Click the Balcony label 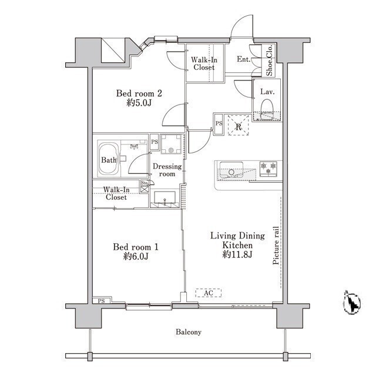coord(188,332)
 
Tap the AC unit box coord(208,293)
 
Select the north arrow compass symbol coord(352,303)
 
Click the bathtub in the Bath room coord(108,159)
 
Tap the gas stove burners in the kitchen coord(268,169)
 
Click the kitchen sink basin coord(231,169)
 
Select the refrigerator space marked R coord(238,125)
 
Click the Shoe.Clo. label coord(269,60)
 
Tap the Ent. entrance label coord(243,59)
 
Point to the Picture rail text coord(276,245)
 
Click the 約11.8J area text coord(237,254)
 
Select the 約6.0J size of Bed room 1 coord(136,256)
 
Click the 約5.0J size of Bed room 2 coord(139,103)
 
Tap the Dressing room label coord(167,170)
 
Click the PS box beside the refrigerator coord(219,124)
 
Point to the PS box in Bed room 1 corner coord(102,301)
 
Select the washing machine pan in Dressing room coord(171,144)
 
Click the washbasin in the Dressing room coord(164,199)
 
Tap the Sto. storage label coord(145,183)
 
